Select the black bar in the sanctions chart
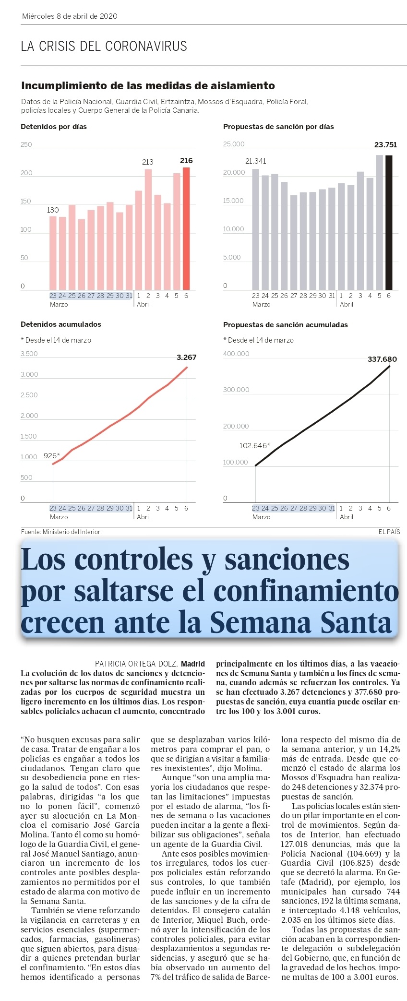[389, 223]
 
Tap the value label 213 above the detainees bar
[148, 162]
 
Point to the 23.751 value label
[385, 144]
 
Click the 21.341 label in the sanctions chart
[255, 161]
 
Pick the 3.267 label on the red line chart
[186, 357]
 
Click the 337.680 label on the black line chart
[382, 359]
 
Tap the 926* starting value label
[52, 455]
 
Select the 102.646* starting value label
[254, 445]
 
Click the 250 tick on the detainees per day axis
[26, 144]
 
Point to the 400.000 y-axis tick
[236, 354]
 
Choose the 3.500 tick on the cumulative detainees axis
[29, 354]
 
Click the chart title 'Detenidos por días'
[54, 127]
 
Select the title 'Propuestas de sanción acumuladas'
[285, 325]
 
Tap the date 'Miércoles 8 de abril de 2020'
[70, 16]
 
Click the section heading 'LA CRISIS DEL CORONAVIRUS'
[104, 46]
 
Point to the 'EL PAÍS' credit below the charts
[389, 532]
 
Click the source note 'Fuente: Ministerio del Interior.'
[61, 532]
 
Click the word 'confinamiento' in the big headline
[306, 591]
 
